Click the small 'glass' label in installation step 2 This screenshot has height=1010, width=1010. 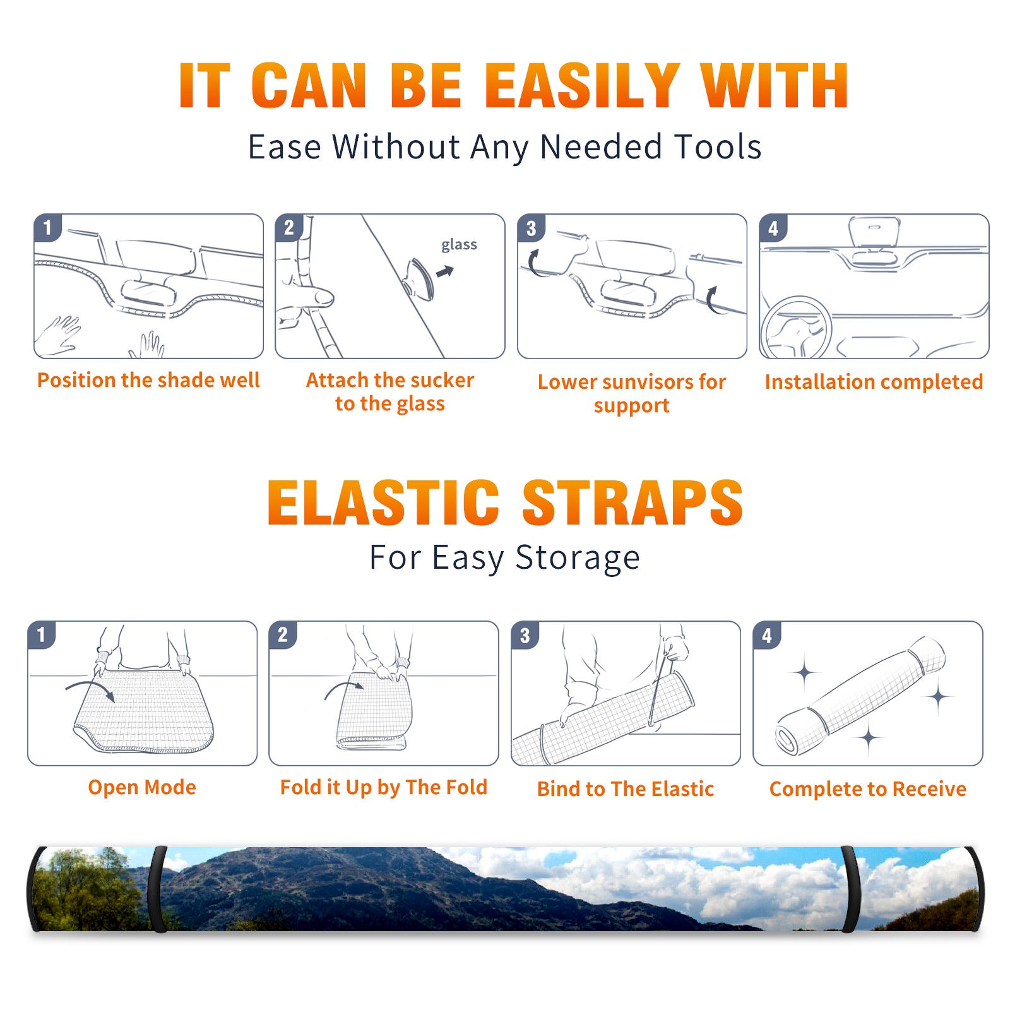[459, 245]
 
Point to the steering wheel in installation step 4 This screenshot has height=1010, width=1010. [795, 327]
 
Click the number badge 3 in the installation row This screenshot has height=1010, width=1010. [531, 228]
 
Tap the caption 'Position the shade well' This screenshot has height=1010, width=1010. [148, 380]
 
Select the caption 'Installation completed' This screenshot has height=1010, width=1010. [874, 382]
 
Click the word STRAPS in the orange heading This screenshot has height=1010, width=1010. [633, 502]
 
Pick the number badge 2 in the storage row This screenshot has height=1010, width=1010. [283, 634]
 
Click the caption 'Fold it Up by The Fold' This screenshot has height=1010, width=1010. [384, 787]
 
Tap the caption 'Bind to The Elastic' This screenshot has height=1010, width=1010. [626, 789]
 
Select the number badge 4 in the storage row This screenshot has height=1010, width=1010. [767, 634]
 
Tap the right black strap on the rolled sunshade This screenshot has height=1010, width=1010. [850, 889]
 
